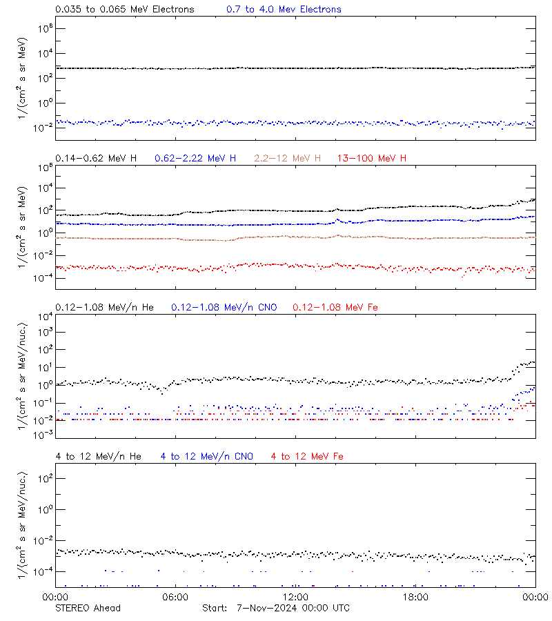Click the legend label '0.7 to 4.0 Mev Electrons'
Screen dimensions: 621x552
(284, 10)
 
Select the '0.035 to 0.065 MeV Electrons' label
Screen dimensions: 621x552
(124, 10)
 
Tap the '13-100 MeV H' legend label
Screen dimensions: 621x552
(372, 159)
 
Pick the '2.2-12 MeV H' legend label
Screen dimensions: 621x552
(288, 159)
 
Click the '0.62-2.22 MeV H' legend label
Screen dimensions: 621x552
(195, 159)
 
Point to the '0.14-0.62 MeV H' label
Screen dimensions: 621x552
(96, 159)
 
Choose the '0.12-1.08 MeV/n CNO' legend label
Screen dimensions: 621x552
(224, 308)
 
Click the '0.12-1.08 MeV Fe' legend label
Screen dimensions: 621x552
(335, 308)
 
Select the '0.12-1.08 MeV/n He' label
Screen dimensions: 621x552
(108, 308)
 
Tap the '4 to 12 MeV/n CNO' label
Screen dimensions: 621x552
(207, 457)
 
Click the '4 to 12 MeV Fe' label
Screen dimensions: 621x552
(308, 457)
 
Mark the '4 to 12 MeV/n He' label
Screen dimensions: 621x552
(98, 457)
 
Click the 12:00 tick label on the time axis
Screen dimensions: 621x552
(295, 598)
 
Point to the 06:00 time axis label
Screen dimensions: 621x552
(175, 598)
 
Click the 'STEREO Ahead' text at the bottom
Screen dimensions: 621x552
(88, 608)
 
